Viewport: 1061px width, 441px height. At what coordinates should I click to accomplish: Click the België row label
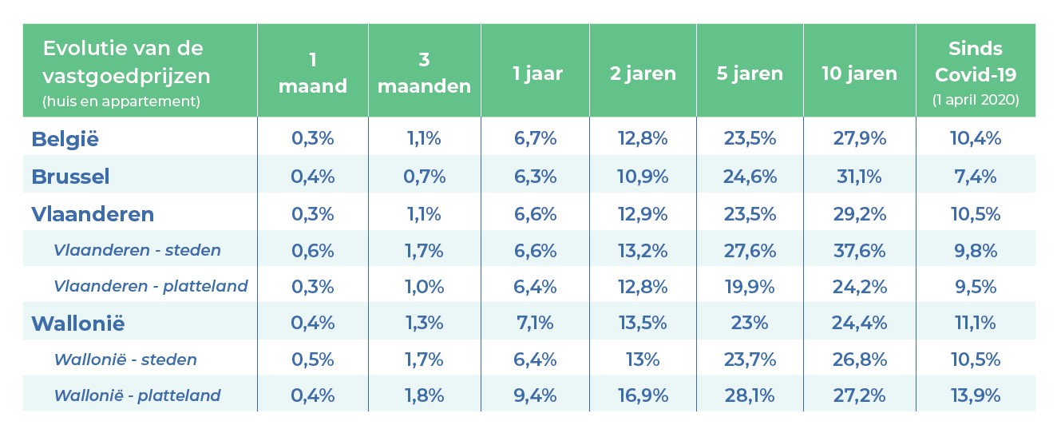click(65, 139)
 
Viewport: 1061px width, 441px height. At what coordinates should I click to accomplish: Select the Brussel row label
click(70, 177)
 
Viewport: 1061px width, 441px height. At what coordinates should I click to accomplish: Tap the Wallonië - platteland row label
click(137, 395)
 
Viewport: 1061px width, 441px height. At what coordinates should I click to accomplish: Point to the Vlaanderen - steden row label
click(137, 250)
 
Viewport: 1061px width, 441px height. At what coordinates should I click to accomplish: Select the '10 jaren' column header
click(859, 74)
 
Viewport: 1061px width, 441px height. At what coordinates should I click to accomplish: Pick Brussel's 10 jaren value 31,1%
click(859, 177)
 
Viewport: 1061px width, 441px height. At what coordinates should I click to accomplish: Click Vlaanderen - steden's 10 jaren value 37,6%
click(859, 250)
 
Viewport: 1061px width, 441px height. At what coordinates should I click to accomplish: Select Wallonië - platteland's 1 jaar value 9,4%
click(536, 395)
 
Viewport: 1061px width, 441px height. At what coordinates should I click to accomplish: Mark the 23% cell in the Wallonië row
click(750, 324)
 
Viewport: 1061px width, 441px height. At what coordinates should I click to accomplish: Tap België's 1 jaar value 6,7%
click(536, 139)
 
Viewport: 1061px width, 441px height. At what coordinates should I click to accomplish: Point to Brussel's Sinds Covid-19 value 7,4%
click(975, 177)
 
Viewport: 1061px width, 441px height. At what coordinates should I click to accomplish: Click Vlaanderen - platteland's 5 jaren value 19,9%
click(750, 286)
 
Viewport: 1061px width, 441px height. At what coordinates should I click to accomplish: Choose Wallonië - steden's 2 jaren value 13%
click(643, 360)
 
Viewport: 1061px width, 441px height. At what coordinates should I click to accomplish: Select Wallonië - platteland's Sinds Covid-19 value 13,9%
click(975, 395)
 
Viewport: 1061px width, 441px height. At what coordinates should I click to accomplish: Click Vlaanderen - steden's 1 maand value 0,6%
click(312, 250)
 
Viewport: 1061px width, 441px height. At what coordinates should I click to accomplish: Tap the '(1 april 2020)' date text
click(975, 101)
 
